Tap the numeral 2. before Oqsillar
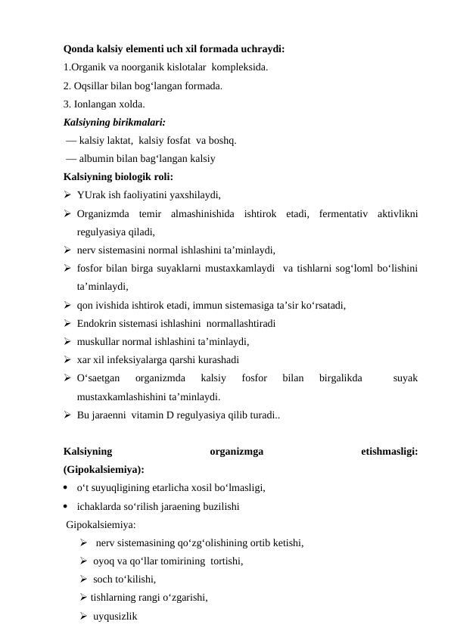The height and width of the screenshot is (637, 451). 68,86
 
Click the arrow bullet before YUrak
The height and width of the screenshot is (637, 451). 68,195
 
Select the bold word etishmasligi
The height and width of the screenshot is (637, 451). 390,452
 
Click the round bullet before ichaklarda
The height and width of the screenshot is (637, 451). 67,507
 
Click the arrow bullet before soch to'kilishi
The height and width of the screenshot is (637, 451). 83,580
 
